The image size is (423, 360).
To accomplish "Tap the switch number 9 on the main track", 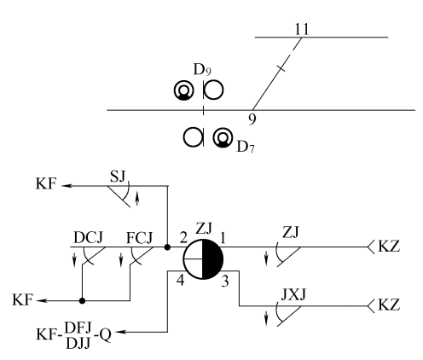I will [x=252, y=118].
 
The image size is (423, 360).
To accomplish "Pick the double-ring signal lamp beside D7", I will [x=224, y=136].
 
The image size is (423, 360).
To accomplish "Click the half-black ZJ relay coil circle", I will [x=203, y=258].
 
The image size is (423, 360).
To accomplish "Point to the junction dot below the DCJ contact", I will [x=82, y=300].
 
